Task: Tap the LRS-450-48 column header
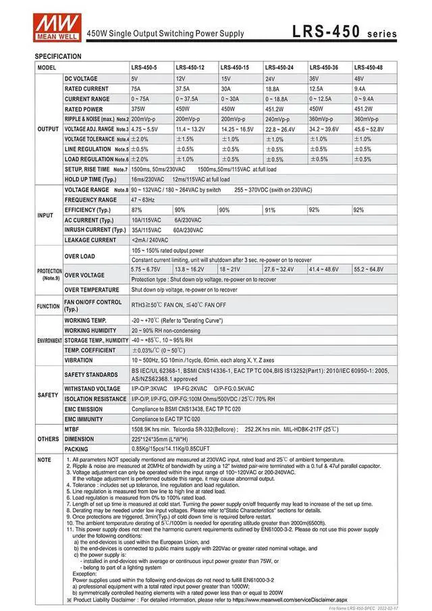pyautogui.click(x=369, y=68)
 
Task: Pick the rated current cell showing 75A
pyautogui.click(x=136, y=88)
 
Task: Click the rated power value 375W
pyautogui.click(x=138, y=109)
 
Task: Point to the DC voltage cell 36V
pyautogui.click(x=315, y=78)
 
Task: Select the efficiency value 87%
pyautogui.click(x=136, y=210)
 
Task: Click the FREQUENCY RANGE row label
pyautogui.click(x=90, y=200)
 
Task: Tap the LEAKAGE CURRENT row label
pyautogui.click(x=90, y=240)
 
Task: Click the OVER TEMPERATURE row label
pyautogui.click(x=92, y=290)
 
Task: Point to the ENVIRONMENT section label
pyautogui.click(x=49, y=341)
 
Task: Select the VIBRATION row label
pyautogui.click(x=79, y=361)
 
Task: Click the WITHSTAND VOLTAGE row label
pyautogui.click(x=92, y=389)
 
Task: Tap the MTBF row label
pyautogui.click(x=72, y=429)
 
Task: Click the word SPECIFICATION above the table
pyautogui.click(x=58, y=56)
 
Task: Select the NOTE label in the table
pyautogui.click(x=44, y=459)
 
